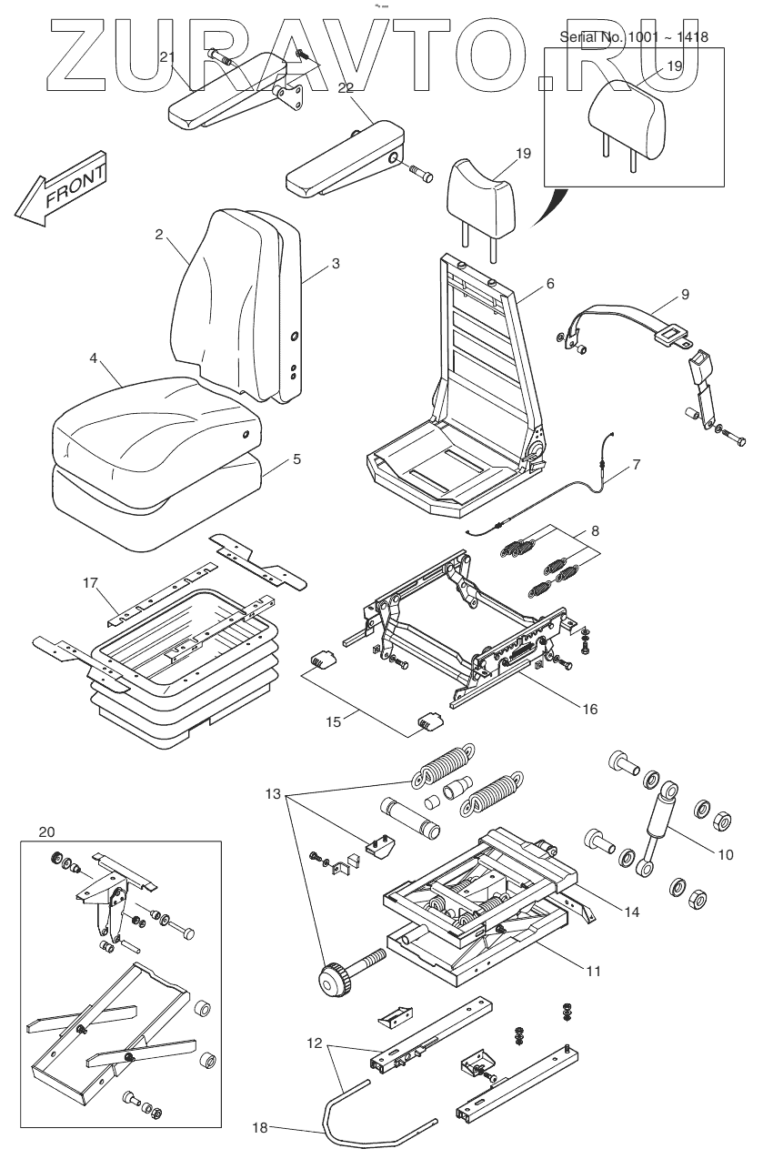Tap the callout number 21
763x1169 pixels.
tap(166, 57)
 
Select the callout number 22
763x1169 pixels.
tap(346, 87)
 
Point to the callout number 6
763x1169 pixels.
tap(549, 284)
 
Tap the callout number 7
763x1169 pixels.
tap(636, 465)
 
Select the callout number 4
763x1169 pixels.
tap(93, 359)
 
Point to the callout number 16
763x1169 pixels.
tap(590, 709)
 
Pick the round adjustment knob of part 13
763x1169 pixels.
tap(334, 980)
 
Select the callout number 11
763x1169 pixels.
tap(592, 972)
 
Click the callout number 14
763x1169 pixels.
tap(630, 912)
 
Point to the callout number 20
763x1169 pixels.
tap(47, 831)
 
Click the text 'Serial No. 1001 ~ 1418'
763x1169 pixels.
tap(633, 37)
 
